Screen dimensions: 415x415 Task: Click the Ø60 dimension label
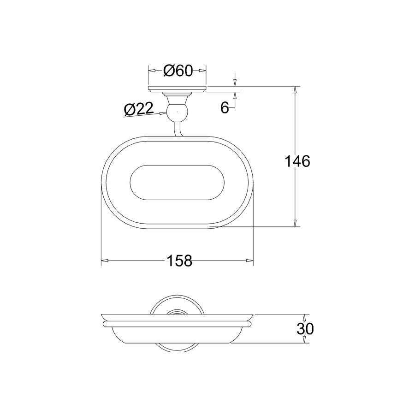click(x=178, y=71)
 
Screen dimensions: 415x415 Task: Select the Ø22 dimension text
click(x=139, y=109)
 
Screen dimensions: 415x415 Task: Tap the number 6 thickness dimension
click(x=225, y=107)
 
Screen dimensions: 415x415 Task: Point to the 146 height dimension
click(x=297, y=161)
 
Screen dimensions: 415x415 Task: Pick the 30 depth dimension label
click(x=305, y=329)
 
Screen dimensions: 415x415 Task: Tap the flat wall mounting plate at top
click(x=177, y=89)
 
